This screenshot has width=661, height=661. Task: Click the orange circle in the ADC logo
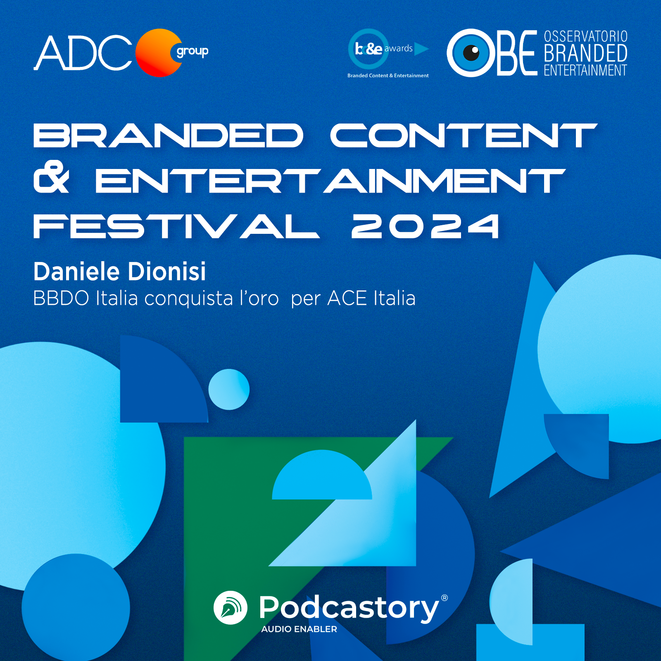coord(155,53)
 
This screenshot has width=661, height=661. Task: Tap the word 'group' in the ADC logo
coord(193,52)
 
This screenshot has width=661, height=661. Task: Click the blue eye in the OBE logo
coord(471,53)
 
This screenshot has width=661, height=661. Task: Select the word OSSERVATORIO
coord(585,36)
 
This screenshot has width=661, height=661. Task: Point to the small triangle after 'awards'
coord(421,49)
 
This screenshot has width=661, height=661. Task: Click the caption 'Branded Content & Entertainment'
coord(388,76)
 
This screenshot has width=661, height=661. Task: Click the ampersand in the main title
coord(51,178)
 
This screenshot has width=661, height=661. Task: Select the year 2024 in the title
coord(425,226)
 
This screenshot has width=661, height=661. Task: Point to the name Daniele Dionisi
coord(119,272)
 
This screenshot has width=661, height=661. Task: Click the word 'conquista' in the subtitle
coord(189,298)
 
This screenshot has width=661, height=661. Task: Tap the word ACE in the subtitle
coord(347,298)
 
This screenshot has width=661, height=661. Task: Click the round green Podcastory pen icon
coord(231,608)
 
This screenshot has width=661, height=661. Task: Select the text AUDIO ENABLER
coord(299,629)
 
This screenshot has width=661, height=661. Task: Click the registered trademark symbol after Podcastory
coord(445,598)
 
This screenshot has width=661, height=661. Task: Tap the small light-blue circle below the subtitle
coord(229,389)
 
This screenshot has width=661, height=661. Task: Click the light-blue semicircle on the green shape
coord(322,477)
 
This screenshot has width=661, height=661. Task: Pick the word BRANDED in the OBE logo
coord(585,53)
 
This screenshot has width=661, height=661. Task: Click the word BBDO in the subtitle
coord(61,298)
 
